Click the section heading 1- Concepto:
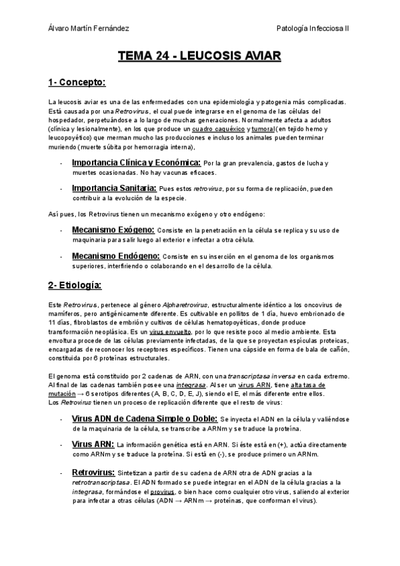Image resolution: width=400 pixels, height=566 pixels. pyautogui.click(x=77, y=83)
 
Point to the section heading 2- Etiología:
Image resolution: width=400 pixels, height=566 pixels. pyautogui.click(x=75, y=286)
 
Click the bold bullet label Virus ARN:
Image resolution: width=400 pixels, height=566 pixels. pyautogui.click(x=93, y=444)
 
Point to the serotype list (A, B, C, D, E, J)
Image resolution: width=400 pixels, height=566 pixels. pyautogui.click(x=170, y=394)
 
